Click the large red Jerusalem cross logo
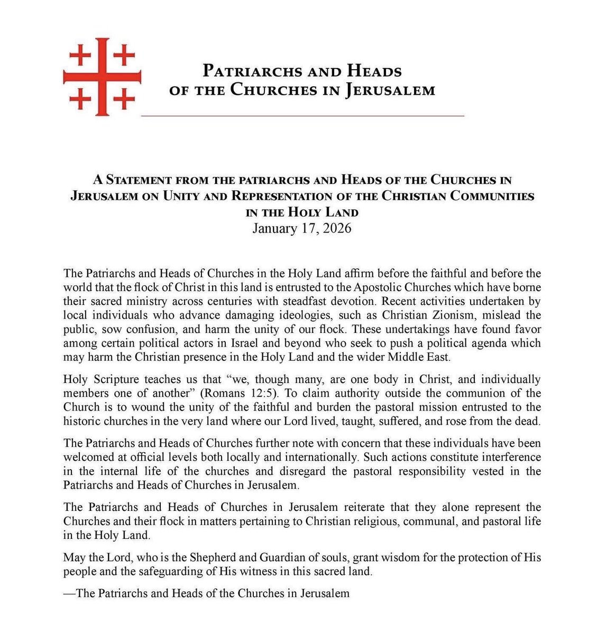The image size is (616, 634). click(102, 78)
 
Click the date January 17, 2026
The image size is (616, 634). click(302, 229)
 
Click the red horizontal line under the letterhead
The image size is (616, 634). click(302, 115)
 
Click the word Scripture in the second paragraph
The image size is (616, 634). click(110, 379)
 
